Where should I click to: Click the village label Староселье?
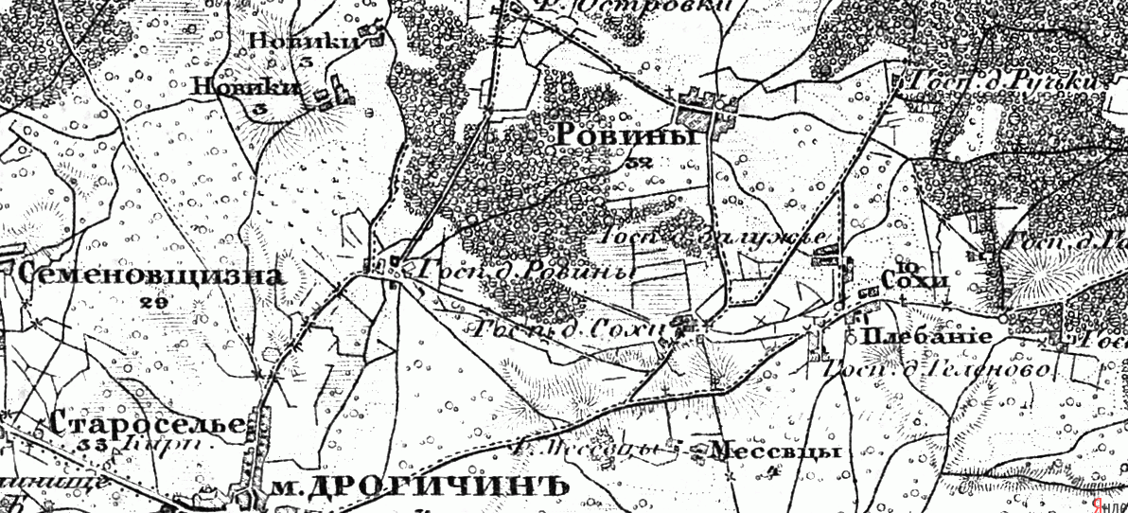pos(150,422)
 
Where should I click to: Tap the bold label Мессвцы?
pos(775,451)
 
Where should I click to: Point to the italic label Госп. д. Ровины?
pos(519,271)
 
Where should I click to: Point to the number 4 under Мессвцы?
pos(773,469)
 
